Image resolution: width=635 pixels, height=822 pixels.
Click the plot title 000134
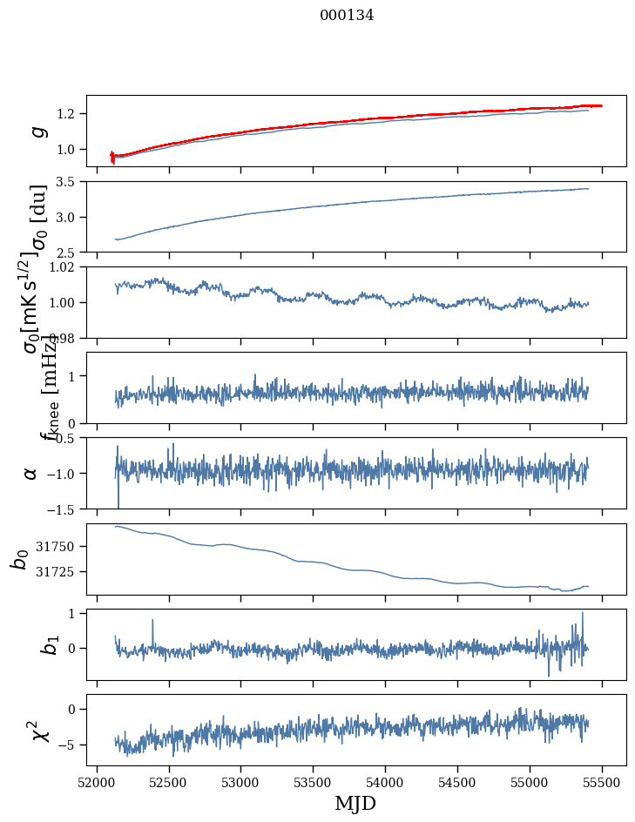347,15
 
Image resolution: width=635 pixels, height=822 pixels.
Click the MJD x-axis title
355,803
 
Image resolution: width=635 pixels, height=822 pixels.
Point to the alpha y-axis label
30,473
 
